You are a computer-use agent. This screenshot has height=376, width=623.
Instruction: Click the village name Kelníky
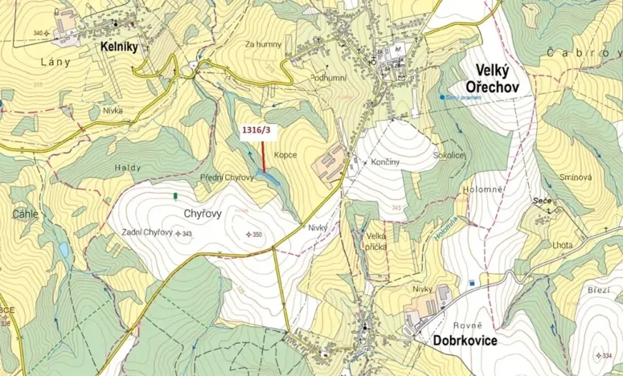(119, 47)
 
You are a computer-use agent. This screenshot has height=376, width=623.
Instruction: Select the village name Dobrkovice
(455, 340)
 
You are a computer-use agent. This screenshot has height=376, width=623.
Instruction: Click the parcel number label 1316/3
(256, 128)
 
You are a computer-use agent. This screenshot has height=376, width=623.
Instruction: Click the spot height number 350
(257, 235)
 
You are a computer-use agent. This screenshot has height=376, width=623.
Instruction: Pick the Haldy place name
(128, 167)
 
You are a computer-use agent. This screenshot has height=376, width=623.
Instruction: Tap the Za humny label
(264, 45)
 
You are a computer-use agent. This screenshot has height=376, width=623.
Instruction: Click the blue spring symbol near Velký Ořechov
(442, 97)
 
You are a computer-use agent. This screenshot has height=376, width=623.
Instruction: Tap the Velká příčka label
(376, 242)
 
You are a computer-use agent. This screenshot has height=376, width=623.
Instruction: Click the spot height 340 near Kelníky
(38, 33)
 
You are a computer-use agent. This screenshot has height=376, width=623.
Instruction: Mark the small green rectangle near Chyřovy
(175, 195)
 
